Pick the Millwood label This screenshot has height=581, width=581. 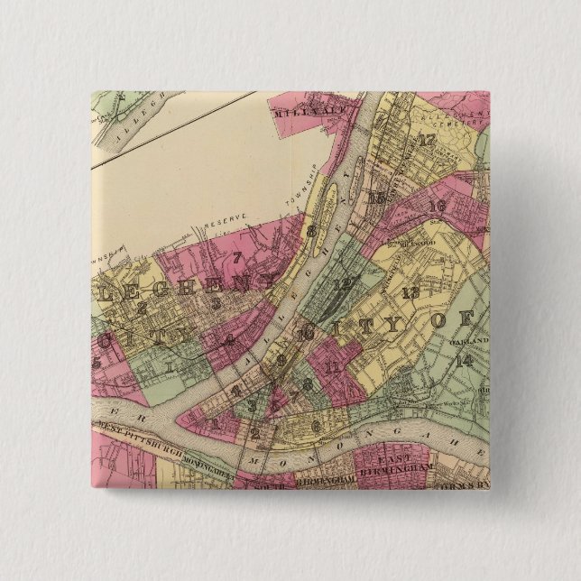(x=411, y=242)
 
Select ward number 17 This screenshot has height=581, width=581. (x=426, y=140)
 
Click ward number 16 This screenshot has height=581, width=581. (x=438, y=207)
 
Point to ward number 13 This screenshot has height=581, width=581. (x=410, y=291)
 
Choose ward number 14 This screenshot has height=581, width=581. (x=465, y=360)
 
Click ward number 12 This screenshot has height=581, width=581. (x=341, y=283)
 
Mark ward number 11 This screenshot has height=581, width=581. (x=333, y=366)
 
